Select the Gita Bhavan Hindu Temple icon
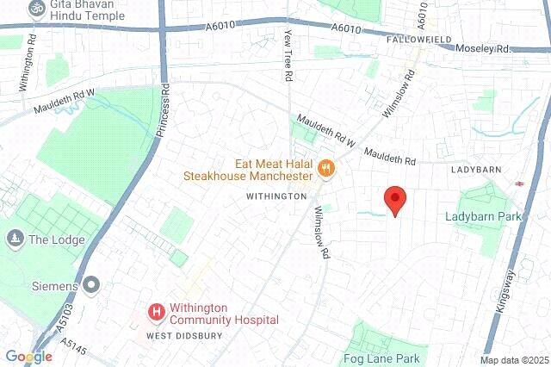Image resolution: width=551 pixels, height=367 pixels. pyautogui.click(x=36, y=8)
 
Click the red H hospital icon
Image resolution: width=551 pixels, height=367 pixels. pyautogui.click(x=157, y=312)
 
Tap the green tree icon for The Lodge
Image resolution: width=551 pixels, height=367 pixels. pyautogui.click(x=14, y=238)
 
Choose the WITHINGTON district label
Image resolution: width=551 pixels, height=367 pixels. pyautogui.click(x=276, y=196)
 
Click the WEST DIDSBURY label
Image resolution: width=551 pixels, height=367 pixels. pyautogui.click(x=184, y=335)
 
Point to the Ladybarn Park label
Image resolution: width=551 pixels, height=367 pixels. pyautogui.click(x=483, y=216)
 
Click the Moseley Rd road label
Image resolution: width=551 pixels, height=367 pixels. pyautogui.click(x=483, y=49)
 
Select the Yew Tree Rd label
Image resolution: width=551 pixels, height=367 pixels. pyautogui.click(x=288, y=55)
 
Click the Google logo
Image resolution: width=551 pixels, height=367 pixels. pyautogui.click(x=28, y=356)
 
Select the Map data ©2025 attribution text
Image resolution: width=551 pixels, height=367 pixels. pyautogui.click(x=513, y=360)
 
